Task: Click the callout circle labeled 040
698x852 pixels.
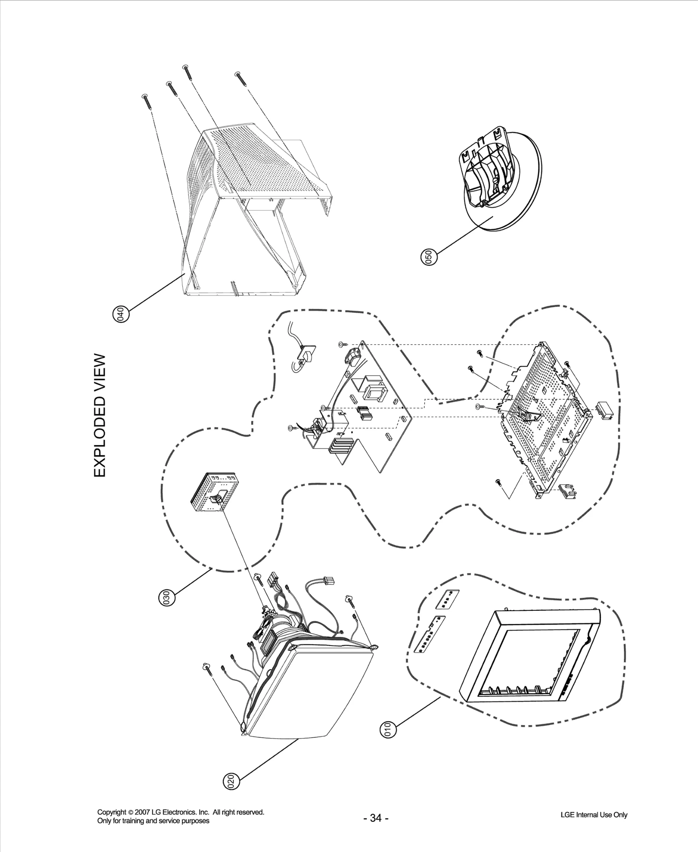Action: [x=121, y=314]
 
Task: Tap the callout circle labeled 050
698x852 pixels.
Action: [x=429, y=257]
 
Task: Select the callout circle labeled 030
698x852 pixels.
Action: [x=166, y=597]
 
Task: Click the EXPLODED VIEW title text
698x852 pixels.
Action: [x=100, y=416]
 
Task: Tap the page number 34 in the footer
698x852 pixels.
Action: [x=376, y=818]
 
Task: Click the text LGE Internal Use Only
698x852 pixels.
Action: [x=594, y=815]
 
